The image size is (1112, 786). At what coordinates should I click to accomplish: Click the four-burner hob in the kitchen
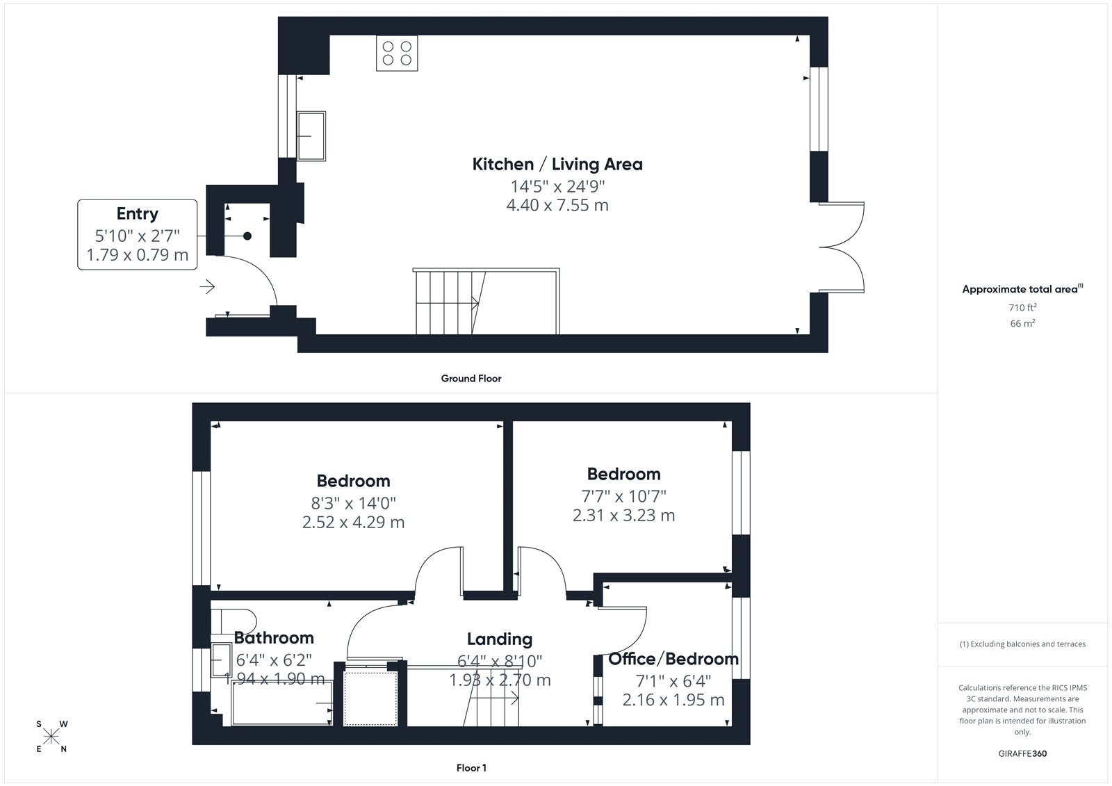(397, 53)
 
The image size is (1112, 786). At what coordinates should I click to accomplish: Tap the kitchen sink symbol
(311, 136)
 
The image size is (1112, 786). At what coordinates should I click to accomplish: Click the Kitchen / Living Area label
(557, 164)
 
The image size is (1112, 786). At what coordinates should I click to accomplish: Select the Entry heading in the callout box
(138, 213)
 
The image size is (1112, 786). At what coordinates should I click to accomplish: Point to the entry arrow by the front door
(207, 286)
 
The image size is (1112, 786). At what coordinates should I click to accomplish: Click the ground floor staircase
(486, 302)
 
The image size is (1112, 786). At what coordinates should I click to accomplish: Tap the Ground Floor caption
(471, 378)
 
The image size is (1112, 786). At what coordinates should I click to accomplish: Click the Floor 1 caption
(471, 768)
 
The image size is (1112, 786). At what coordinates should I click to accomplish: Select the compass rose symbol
(51, 736)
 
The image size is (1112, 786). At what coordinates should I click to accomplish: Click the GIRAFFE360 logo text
(1022, 753)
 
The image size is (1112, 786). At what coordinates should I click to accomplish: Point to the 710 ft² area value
(1022, 307)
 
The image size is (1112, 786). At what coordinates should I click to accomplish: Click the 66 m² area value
(1022, 323)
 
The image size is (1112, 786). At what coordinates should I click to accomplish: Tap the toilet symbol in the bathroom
(234, 622)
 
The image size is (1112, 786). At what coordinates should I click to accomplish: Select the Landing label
(500, 639)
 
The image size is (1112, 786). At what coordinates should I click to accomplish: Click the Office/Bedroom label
(673, 659)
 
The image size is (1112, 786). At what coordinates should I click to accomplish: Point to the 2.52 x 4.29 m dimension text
(354, 522)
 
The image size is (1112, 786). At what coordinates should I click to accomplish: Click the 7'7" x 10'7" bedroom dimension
(624, 496)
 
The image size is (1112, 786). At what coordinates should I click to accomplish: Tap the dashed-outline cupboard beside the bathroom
(370, 698)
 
